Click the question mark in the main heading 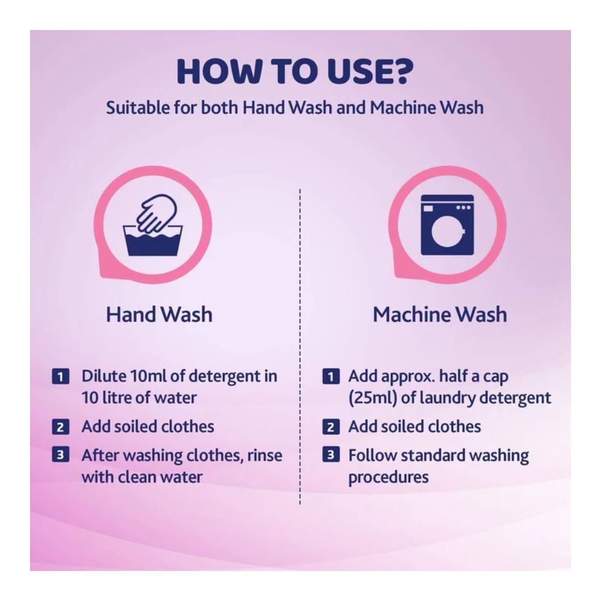(402, 72)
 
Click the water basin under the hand (153, 241)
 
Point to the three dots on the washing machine (463, 207)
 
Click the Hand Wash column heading (159, 314)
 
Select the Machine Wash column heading (440, 314)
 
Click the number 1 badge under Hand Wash (61, 376)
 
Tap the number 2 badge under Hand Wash (61, 427)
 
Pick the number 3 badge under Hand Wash (61, 454)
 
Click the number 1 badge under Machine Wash (331, 376)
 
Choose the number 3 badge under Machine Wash (331, 454)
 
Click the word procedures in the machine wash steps (389, 478)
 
